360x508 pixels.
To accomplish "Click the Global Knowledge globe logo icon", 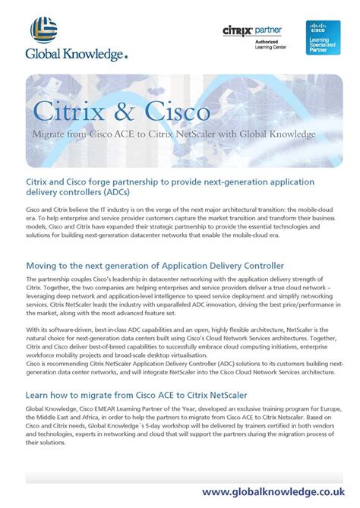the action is [x=44, y=32].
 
